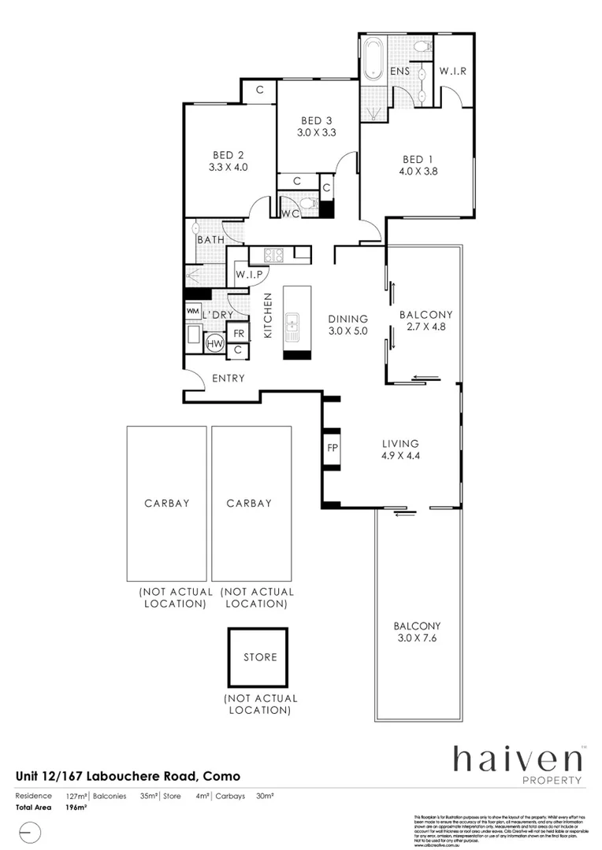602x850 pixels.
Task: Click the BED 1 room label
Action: (x=417, y=157)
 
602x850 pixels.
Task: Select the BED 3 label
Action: (x=316, y=120)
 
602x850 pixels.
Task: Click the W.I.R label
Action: (x=453, y=71)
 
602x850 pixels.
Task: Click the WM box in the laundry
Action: (x=192, y=312)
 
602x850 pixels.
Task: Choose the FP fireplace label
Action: (x=333, y=449)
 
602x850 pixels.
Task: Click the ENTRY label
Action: (x=229, y=379)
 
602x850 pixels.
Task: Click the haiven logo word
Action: (x=517, y=759)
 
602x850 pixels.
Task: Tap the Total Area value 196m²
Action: (x=76, y=807)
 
